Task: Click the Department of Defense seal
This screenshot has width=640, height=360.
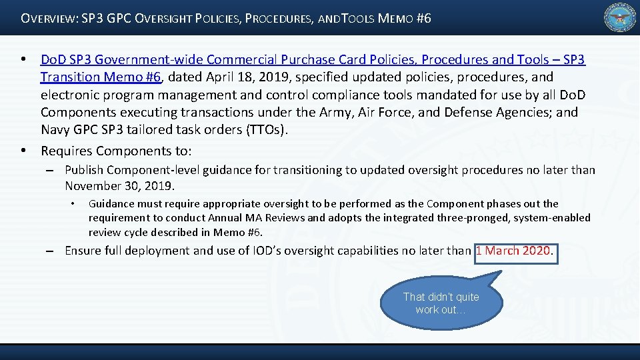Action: [620, 18]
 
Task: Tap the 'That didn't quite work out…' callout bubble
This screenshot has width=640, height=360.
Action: [441, 303]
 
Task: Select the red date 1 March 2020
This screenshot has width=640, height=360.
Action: [514, 251]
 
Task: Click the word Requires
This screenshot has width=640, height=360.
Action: [65, 151]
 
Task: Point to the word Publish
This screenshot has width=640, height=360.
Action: [84, 170]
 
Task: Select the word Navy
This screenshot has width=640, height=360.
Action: [55, 129]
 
